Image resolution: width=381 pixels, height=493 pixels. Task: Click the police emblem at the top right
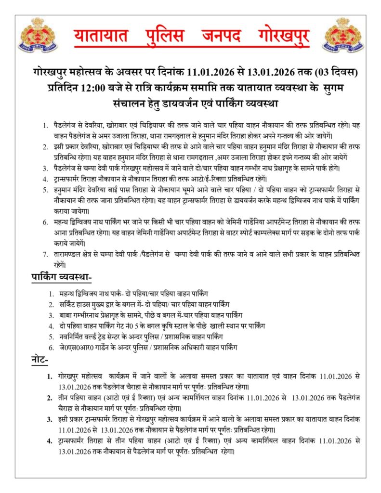343,35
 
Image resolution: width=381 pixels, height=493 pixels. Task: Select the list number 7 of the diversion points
45,254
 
